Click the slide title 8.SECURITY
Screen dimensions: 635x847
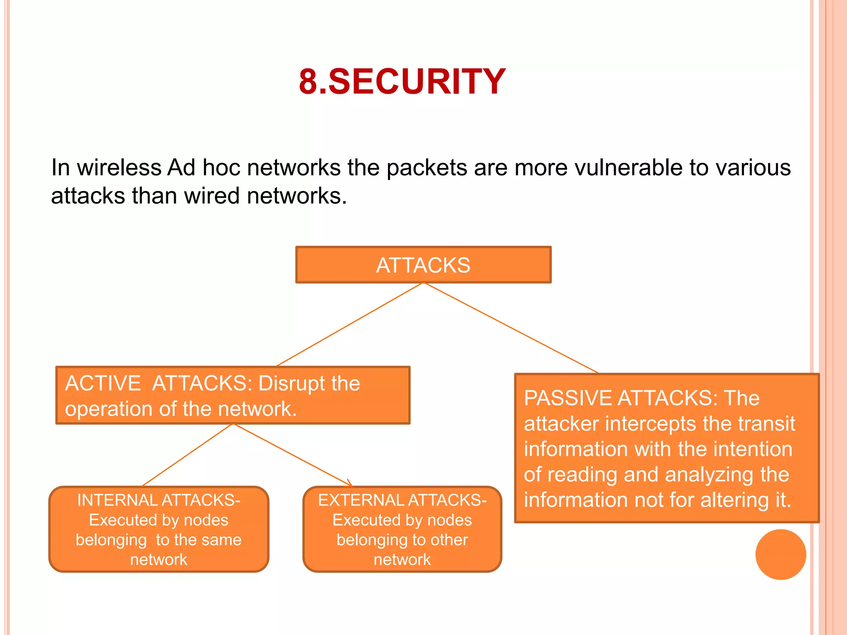402,81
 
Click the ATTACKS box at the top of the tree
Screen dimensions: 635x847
423,265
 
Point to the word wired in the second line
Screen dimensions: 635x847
211,196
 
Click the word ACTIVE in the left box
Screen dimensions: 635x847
103,383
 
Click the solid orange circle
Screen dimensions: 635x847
780,554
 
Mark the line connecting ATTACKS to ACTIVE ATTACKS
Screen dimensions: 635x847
349,325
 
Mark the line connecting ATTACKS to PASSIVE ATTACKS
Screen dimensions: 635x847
511,327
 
